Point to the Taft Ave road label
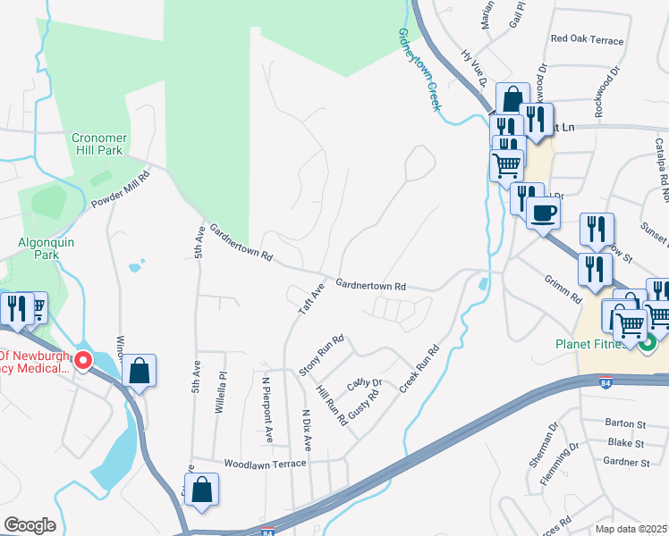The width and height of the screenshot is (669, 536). click(310, 298)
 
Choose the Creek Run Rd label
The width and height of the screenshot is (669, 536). click(422, 369)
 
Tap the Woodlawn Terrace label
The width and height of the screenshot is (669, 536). click(265, 464)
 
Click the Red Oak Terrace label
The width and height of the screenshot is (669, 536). click(587, 40)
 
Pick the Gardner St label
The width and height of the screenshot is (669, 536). click(626, 463)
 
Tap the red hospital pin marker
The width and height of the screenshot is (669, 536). click(83, 361)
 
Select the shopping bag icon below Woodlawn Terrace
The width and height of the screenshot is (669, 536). click(203, 490)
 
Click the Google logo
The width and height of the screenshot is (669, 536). click(30, 524)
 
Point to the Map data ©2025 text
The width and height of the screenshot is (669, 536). click(631, 529)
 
